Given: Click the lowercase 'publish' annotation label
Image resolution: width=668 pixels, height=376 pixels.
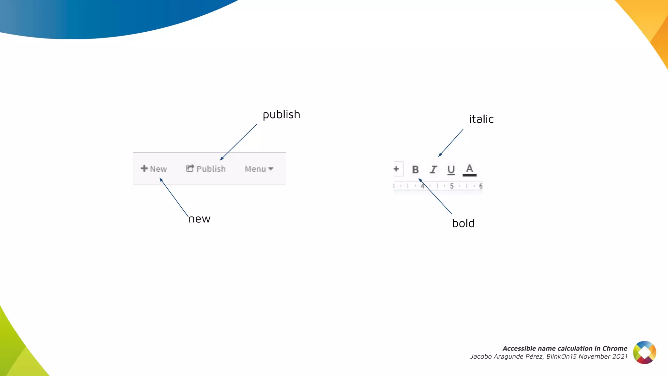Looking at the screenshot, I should tap(281, 115).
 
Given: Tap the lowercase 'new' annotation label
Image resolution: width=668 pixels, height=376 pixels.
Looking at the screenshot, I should tap(199, 219).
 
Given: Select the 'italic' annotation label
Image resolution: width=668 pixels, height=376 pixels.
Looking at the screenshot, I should tap(481, 119).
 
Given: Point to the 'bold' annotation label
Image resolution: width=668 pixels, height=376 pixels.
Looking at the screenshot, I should tap(463, 224).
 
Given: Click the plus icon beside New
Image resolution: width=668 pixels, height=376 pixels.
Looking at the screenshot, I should tap(144, 168).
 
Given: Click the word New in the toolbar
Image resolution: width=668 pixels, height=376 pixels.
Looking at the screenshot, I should tap(159, 169).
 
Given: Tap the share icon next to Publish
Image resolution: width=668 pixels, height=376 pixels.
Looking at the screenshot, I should tap(190, 168).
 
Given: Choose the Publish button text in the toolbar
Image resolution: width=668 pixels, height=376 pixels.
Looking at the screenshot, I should tap(211, 169).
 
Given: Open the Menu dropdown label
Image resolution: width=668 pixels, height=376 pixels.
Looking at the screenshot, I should tap(255, 169).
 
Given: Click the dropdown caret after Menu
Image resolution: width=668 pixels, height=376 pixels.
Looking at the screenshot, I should tap(271, 169).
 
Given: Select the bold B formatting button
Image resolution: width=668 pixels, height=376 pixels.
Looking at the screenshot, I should tap(415, 170).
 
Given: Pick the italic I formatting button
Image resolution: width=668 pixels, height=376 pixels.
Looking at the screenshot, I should tap(433, 170).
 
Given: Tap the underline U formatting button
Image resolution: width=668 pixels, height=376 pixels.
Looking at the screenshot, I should tap(451, 170).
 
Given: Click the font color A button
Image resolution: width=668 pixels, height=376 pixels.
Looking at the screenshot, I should tap(469, 170).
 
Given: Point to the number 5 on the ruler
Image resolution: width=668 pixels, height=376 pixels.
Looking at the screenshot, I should tap(452, 186).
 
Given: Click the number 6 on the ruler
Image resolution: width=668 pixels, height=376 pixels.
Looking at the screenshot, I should tap(480, 186).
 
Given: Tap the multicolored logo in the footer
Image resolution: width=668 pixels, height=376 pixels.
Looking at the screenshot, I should tap(645, 352).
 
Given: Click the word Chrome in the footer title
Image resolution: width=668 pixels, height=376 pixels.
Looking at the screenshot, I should tap(615, 349).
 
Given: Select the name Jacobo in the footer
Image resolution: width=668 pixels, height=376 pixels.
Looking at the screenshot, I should tap(481, 357).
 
